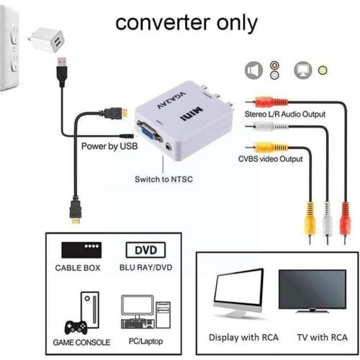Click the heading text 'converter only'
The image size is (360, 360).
point(186,22)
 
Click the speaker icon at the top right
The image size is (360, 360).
point(253,70)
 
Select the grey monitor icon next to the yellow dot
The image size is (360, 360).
point(302,70)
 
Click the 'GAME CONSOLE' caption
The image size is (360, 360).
point(82,343)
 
